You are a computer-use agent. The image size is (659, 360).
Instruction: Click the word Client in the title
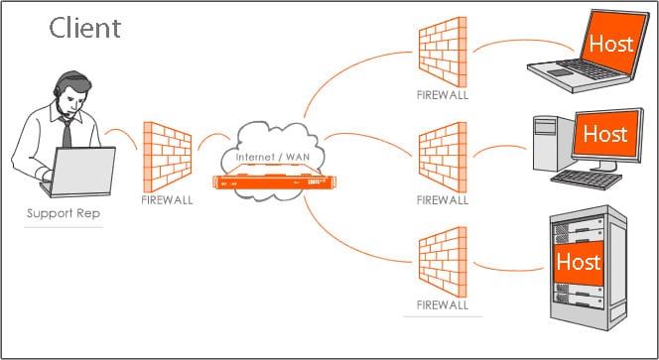coord(85,27)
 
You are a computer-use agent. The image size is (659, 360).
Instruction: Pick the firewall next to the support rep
coord(167,155)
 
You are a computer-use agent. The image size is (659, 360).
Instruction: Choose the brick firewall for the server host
coord(441,260)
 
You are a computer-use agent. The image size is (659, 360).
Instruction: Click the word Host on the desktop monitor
coord(604,131)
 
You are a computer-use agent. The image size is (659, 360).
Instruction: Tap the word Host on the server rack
coord(578,262)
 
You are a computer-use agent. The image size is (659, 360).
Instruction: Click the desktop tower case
coord(550,143)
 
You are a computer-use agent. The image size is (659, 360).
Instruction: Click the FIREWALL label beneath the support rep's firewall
coord(167,199)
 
